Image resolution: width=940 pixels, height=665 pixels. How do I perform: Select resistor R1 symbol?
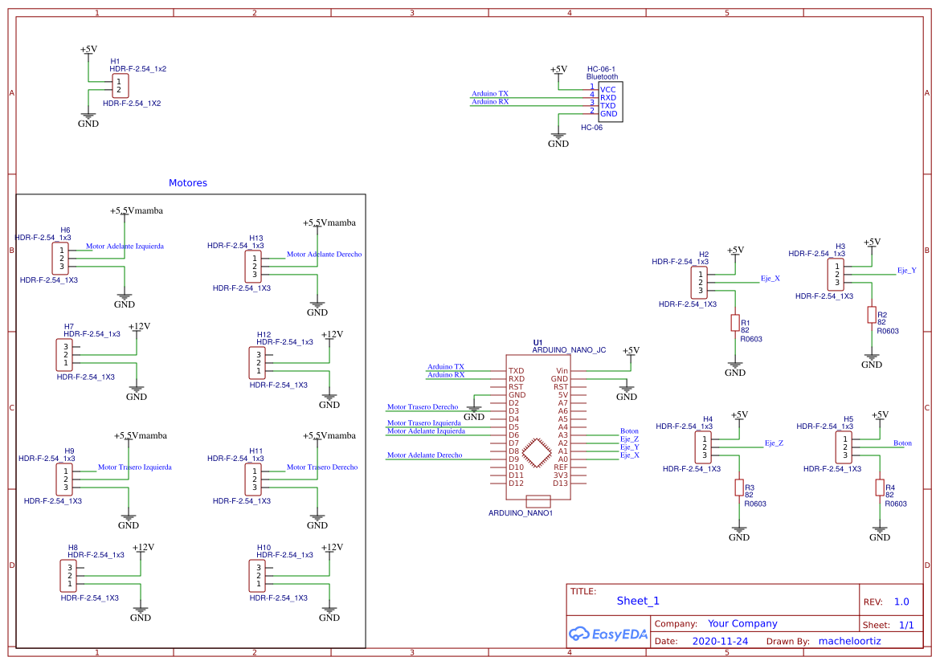[734, 323]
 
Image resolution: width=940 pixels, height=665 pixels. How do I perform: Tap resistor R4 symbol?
[880, 488]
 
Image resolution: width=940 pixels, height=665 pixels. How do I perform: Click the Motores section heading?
[188, 183]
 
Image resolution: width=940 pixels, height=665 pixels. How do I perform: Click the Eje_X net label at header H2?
[770, 278]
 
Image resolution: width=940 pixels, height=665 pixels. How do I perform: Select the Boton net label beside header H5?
[902, 443]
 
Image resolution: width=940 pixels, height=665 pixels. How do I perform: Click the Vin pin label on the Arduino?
[562, 370]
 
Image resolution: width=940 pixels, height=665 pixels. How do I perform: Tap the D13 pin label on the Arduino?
[560, 483]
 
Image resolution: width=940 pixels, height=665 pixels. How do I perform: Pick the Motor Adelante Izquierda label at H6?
[125, 246]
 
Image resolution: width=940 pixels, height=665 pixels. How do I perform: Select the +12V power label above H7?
[140, 326]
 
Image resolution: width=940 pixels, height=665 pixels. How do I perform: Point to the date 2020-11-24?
[719, 642]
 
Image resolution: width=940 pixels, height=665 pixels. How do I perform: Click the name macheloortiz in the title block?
[849, 642]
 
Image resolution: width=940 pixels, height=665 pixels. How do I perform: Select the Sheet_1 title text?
[638, 601]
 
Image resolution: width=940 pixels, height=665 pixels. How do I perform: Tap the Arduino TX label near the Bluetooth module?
[489, 93]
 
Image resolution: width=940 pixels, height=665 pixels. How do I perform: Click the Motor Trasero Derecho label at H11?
[322, 467]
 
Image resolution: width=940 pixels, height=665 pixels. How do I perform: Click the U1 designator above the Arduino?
[537, 342]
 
